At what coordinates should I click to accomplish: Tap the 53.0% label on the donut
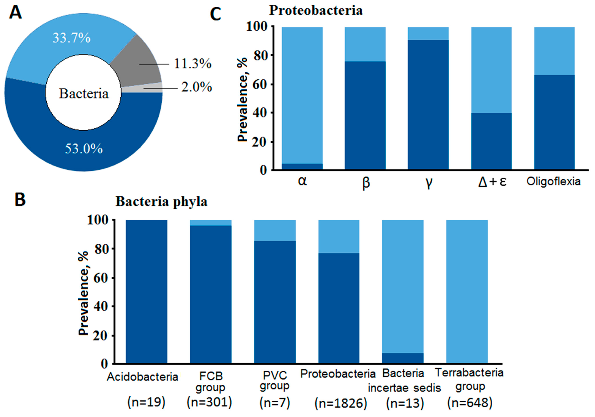point(84,149)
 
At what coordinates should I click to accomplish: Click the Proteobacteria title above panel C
point(316,11)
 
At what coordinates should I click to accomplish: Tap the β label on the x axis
point(366,183)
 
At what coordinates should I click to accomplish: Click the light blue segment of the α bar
point(302,95)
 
